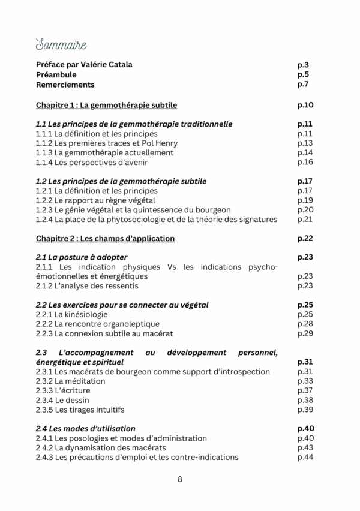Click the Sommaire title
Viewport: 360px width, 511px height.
pyautogui.click(x=61, y=45)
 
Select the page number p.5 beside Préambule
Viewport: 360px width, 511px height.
pyautogui.click(x=303, y=75)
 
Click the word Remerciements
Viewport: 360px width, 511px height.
pyautogui.click(x=65, y=85)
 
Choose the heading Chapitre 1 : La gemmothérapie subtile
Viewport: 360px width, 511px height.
pyautogui.click(x=106, y=105)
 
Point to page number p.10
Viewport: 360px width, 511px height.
pyautogui.click(x=306, y=105)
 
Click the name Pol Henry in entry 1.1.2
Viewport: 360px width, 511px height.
pyautogui.click(x=163, y=143)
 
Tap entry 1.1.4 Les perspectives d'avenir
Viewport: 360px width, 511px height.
pyautogui.click(x=92, y=163)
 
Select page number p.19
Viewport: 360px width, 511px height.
pyautogui.click(x=305, y=200)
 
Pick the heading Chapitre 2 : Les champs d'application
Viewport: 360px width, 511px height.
pyautogui.click(x=105, y=239)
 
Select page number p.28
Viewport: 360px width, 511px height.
pyautogui.click(x=305, y=324)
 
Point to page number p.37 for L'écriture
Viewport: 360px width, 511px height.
pyautogui.click(x=305, y=390)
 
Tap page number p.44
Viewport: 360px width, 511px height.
pyautogui.click(x=305, y=457)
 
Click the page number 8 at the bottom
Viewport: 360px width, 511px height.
pyautogui.click(x=180, y=479)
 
